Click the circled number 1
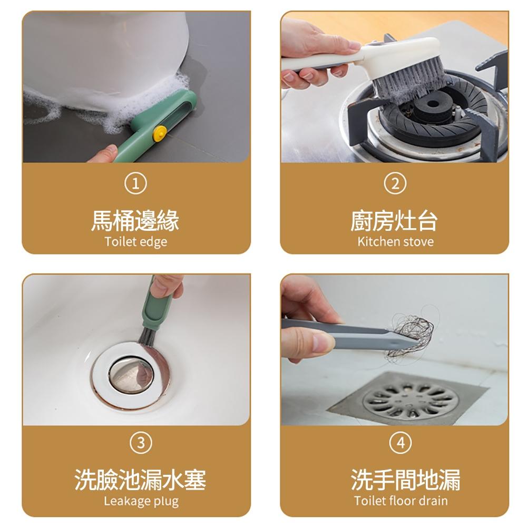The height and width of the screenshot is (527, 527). (x=135, y=183)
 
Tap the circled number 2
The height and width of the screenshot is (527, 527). (x=395, y=183)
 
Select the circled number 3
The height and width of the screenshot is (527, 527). (x=141, y=443)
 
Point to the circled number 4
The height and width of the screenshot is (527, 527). (x=401, y=443)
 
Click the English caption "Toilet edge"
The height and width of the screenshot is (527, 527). (x=136, y=242)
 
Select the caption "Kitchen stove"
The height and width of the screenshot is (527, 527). (x=396, y=241)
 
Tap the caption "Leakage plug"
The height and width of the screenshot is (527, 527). (x=141, y=501)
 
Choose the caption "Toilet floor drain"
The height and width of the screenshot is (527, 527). (x=401, y=501)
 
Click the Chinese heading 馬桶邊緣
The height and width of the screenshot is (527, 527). (x=135, y=221)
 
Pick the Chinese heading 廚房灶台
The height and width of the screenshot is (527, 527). (x=394, y=221)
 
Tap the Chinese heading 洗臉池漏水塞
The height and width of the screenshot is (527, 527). (x=140, y=480)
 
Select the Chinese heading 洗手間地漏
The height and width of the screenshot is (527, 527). (x=406, y=480)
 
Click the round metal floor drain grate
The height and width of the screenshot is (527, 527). (x=411, y=399)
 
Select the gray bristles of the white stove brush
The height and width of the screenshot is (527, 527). (x=406, y=83)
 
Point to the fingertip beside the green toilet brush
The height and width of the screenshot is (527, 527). (x=105, y=154)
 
